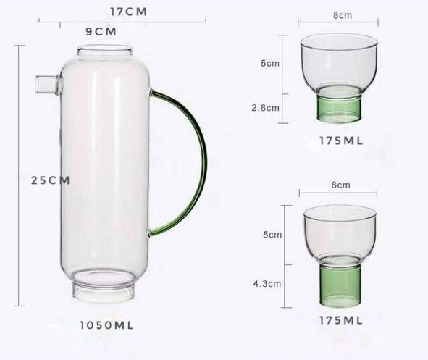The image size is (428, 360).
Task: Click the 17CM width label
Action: (x=129, y=12)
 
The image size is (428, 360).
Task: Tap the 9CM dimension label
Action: (x=101, y=32)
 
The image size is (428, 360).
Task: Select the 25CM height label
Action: (x=51, y=180)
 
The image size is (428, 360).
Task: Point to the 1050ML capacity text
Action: (x=106, y=325)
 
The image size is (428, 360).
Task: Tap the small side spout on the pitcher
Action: (x=47, y=85)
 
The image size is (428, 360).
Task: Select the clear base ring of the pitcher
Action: (x=104, y=290)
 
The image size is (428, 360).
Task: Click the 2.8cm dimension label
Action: (x=265, y=108)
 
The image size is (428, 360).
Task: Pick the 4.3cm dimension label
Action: (x=267, y=284)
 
